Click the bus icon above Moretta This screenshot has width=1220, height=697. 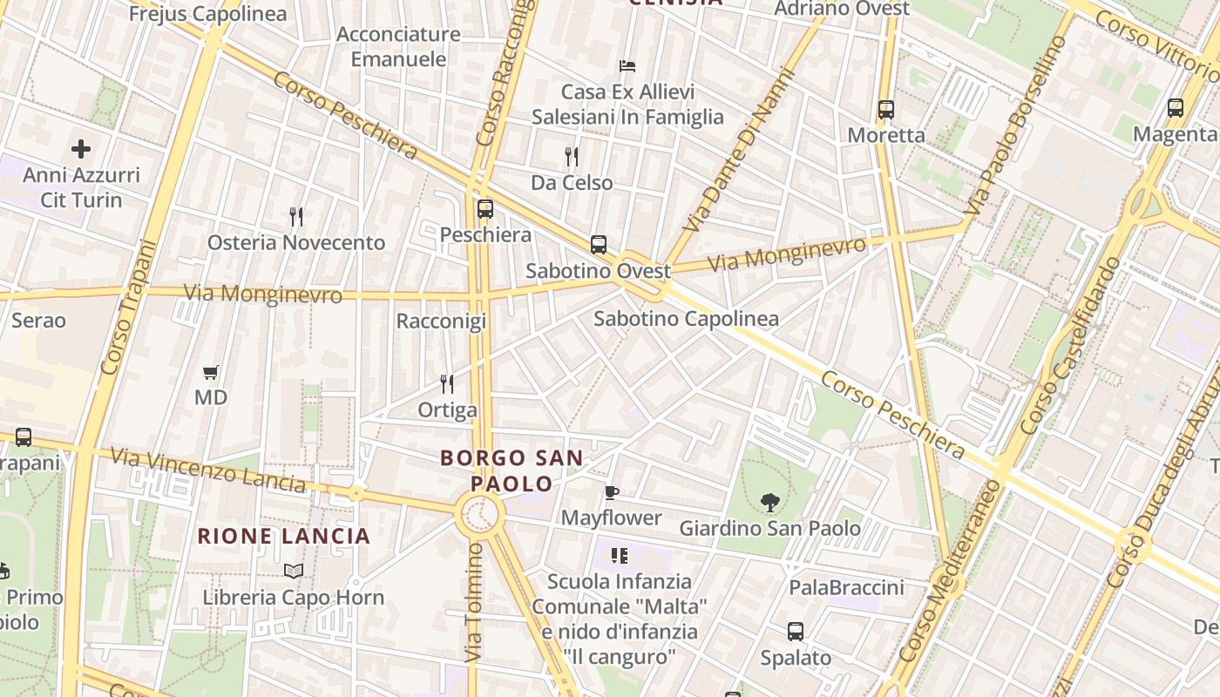[886, 110]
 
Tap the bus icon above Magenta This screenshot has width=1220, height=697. [1176, 108]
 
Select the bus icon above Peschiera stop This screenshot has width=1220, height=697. [485, 209]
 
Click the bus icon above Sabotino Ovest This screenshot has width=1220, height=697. [599, 245]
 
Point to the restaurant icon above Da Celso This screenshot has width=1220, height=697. [572, 157]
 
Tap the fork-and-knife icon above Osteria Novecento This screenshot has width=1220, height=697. [296, 216]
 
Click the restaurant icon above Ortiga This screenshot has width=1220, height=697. [447, 384]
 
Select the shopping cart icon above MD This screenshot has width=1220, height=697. [210, 373]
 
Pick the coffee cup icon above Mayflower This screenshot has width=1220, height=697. [612, 493]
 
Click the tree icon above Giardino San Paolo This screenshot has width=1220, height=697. [769, 502]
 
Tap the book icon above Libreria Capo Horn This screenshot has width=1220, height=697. [294, 572]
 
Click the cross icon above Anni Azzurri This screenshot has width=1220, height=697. [81, 149]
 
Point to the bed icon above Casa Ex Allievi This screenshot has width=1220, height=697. [627, 66]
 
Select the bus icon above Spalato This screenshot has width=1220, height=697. [796, 632]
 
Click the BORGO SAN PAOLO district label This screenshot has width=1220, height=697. [512, 470]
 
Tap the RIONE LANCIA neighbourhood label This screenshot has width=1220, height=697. [284, 536]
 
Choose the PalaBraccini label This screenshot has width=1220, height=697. [846, 588]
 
